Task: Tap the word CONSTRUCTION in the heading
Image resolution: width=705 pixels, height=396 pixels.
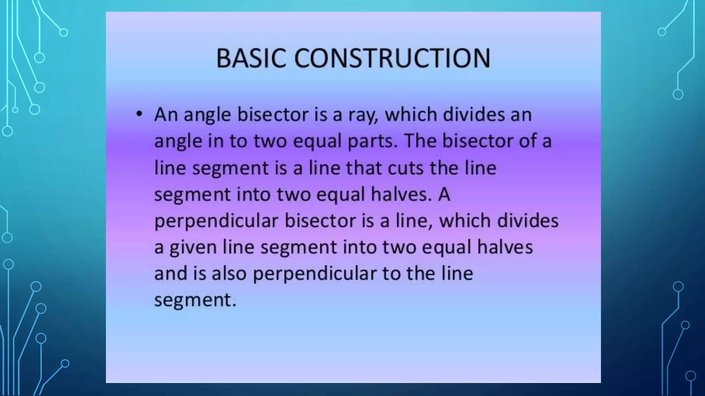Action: point(392,58)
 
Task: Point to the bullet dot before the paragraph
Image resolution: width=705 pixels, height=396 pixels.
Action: point(139,113)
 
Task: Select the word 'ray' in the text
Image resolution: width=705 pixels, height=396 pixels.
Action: point(363,115)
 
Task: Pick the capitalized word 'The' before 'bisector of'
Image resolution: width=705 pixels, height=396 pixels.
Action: point(420,141)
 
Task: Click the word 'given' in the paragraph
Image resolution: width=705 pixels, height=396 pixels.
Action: point(193,247)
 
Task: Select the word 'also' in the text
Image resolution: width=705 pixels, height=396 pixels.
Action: point(229,274)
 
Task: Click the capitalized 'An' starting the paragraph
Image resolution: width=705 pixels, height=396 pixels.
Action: point(166,114)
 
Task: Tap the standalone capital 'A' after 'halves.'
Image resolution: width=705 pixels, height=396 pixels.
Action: point(444,194)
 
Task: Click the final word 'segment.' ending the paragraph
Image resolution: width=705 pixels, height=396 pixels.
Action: point(195,300)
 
